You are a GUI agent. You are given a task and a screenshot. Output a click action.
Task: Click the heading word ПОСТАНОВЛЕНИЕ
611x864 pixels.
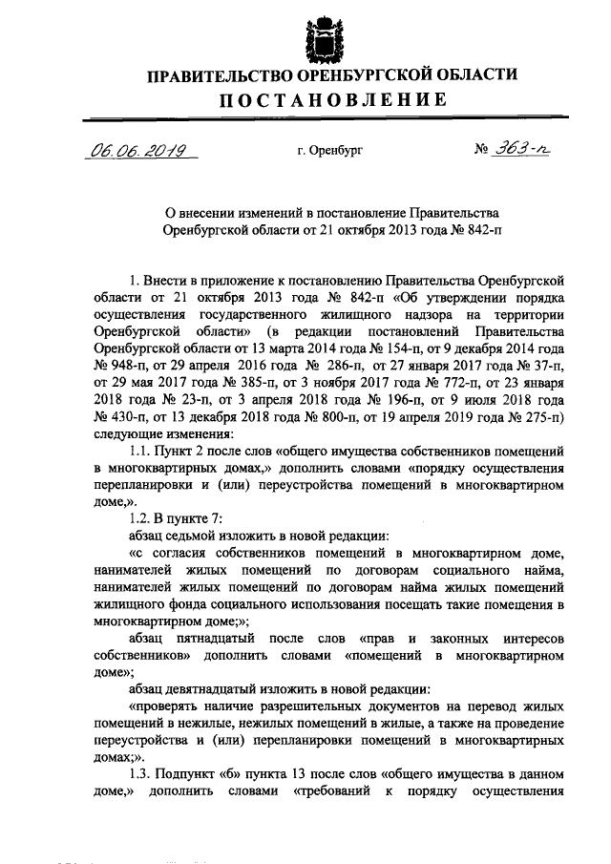click(x=329, y=100)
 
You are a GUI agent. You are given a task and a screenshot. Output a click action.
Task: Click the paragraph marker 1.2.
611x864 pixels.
click(x=141, y=520)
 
